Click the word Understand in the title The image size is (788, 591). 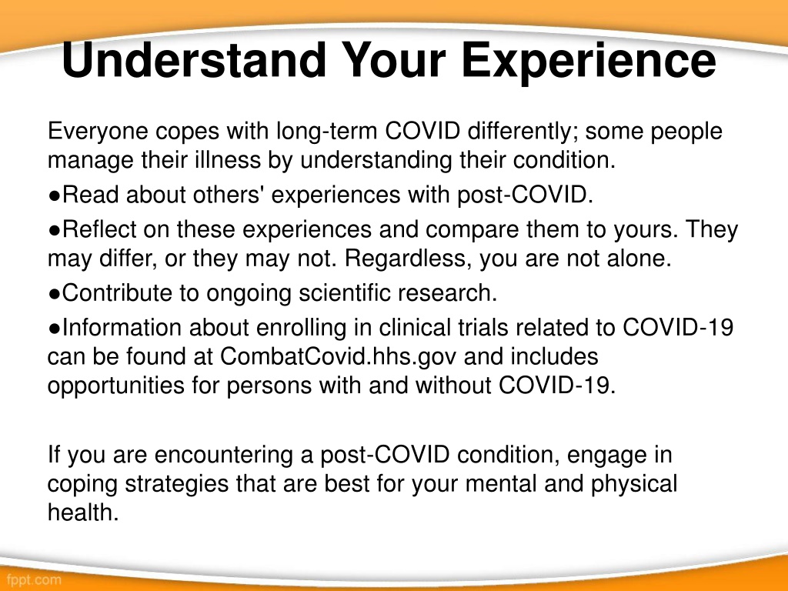[x=195, y=60]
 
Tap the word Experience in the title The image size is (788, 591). [x=589, y=63]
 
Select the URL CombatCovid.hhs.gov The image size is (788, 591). [x=339, y=356]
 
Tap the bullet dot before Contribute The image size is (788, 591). [x=55, y=294]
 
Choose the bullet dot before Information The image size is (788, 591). [x=55, y=329]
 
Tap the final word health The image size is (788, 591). [x=83, y=513]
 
